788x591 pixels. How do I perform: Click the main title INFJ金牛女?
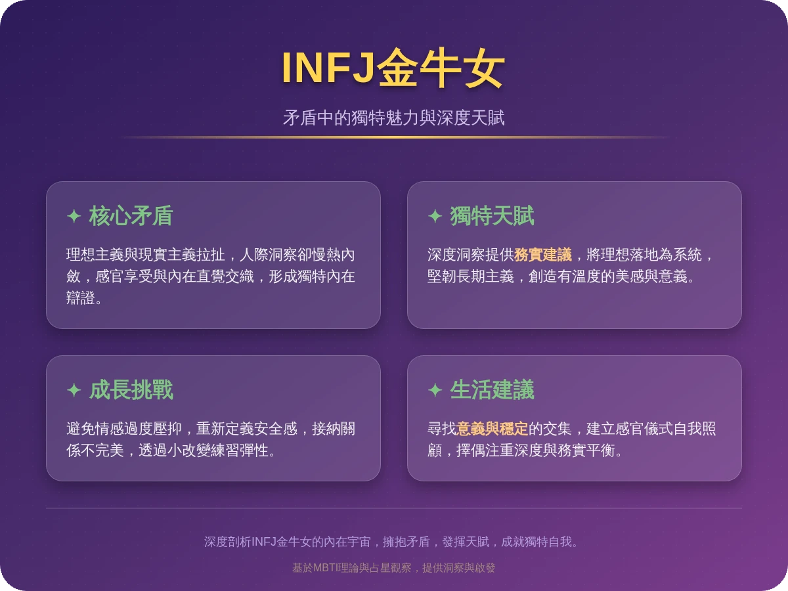click(x=393, y=68)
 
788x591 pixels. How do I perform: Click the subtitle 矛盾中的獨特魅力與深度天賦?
click(x=393, y=118)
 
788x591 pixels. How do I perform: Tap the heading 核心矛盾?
click(x=130, y=216)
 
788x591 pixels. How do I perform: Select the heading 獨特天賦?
click(x=492, y=216)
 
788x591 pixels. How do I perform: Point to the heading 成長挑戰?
click(x=130, y=390)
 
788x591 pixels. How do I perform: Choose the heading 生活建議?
click(x=492, y=390)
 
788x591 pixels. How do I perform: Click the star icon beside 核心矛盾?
click(x=74, y=216)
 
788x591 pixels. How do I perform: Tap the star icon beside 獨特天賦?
click(x=435, y=216)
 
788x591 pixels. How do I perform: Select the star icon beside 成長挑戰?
click(x=74, y=390)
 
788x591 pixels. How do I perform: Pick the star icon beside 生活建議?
click(x=435, y=390)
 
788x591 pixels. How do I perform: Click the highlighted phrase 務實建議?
click(x=543, y=255)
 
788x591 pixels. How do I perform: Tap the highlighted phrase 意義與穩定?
click(x=492, y=429)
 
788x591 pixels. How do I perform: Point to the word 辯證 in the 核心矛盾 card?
click(x=81, y=298)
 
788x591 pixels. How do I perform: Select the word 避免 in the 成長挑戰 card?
click(x=81, y=429)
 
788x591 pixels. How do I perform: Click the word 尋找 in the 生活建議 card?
click(x=442, y=429)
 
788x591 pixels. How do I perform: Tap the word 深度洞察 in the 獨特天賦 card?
click(x=456, y=255)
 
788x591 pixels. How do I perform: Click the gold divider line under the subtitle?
click(x=393, y=137)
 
